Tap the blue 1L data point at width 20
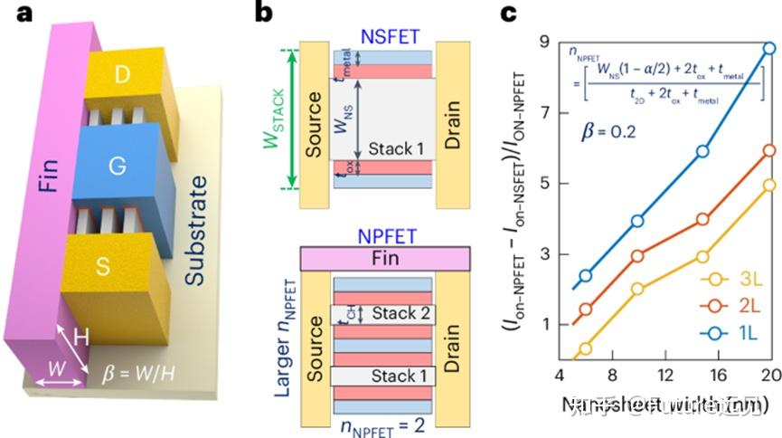tap(768, 49)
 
